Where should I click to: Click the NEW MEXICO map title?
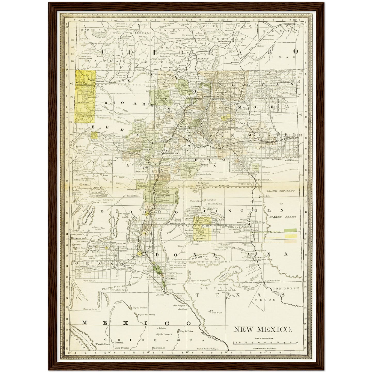click(263, 329)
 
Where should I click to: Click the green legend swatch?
click(290, 230)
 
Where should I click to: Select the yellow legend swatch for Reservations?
click(290, 236)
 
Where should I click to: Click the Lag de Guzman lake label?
click(140, 308)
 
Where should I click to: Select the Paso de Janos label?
click(102, 344)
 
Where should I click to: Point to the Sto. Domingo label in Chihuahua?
click(158, 347)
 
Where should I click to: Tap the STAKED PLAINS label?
click(283, 217)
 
